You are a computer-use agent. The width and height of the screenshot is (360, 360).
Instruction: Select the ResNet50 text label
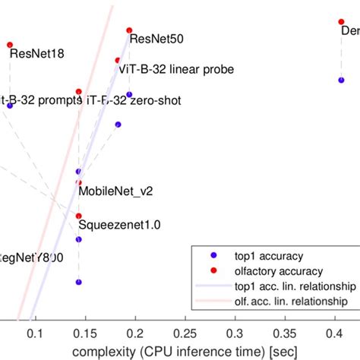[x=156, y=38]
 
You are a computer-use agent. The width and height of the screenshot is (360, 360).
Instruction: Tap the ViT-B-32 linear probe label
[x=175, y=69]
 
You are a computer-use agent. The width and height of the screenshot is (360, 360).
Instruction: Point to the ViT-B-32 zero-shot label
[x=134, y=100]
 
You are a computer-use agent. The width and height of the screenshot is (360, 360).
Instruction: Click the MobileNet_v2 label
[x=115, y=191]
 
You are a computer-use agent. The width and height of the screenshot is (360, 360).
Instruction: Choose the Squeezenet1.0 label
[x=120, y=225]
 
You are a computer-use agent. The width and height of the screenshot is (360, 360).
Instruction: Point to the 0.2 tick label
[x=134, y=333]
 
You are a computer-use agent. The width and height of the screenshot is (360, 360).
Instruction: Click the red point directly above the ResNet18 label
[x=10, y=45]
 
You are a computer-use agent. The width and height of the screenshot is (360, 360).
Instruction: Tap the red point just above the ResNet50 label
[x=128, y=29]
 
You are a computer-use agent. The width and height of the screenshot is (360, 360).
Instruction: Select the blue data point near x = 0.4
[x=341, y=80]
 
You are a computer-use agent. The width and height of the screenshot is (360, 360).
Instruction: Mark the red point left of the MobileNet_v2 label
[x=79, y=182]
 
